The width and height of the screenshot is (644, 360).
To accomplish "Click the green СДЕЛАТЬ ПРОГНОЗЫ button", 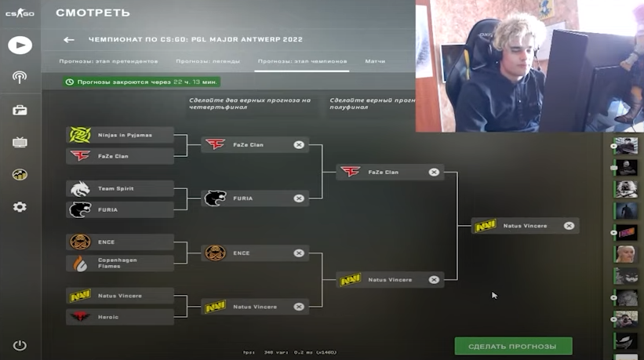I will (x=513, y=346).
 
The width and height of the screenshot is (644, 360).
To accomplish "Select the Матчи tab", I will (x=375, y=60).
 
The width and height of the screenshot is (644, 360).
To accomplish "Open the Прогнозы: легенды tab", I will (x=203, y=60).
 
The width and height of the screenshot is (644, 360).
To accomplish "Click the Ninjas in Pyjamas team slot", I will (x=120, y=135).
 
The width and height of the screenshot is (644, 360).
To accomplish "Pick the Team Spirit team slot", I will (x=120, y=188).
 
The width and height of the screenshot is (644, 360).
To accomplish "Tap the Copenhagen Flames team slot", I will (x=120, y=264).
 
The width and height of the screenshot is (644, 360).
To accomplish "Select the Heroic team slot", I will (x=120, y=317).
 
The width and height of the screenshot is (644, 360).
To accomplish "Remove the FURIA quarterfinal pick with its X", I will (x=299, y=198).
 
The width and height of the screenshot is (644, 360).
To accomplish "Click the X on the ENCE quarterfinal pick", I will (x=299, y=253).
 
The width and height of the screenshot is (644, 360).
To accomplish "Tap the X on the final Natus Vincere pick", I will (x=569, y=226).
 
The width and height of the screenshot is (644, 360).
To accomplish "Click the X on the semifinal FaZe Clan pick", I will (x=434, y=172).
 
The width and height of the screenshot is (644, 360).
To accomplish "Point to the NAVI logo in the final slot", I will (x=485, y=226).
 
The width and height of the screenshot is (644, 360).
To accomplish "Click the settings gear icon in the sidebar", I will (x=20, y=207).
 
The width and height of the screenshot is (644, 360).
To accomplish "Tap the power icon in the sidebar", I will (x=20, y=346).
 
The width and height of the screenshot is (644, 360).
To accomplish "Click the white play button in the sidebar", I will (x=20, y=45).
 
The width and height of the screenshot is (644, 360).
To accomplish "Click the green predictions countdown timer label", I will (x=142, y=82).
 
